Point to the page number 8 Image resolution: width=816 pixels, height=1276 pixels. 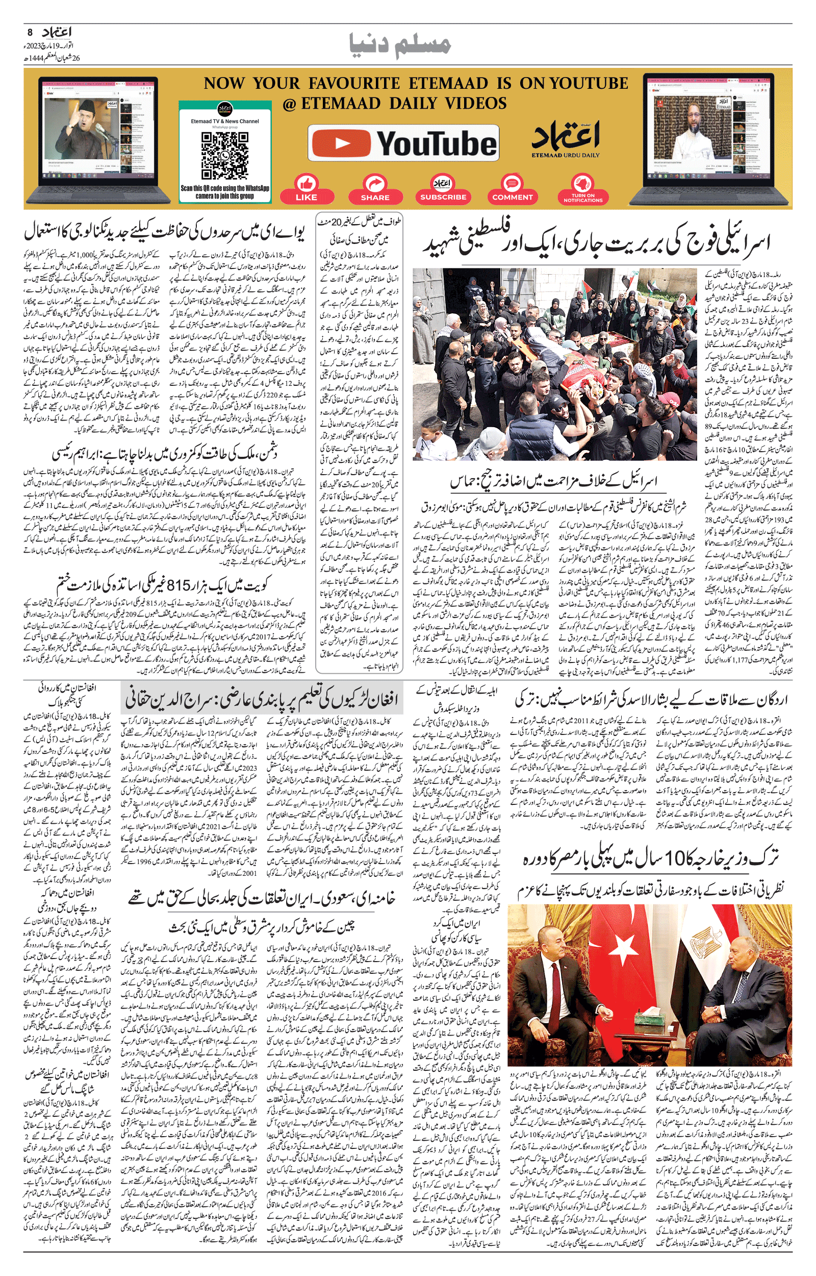coord(30,32)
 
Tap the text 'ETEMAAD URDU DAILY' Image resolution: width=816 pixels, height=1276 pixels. coord(566,155)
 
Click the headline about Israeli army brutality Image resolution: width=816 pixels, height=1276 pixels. coord(596,243)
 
